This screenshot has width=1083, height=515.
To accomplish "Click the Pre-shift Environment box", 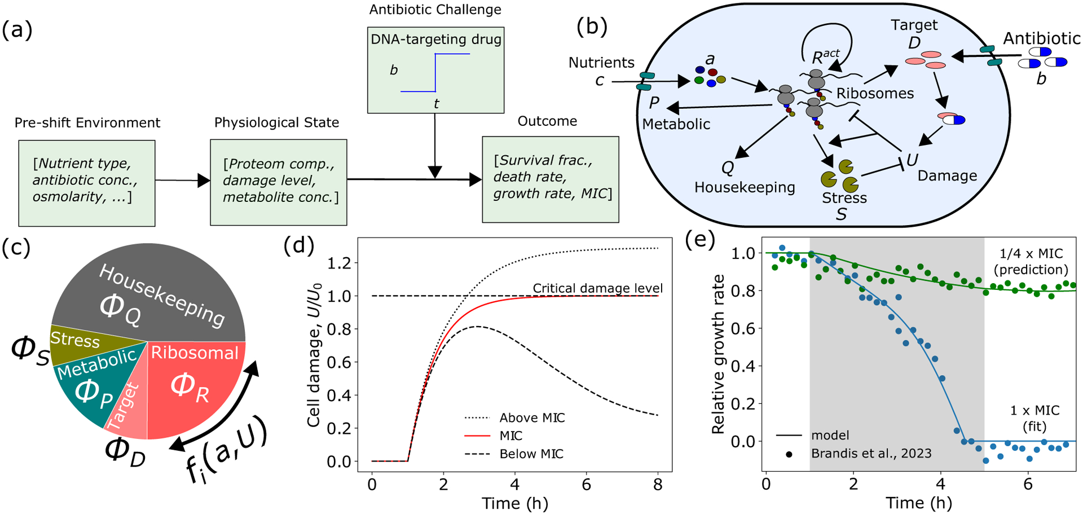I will (x=86, y=183).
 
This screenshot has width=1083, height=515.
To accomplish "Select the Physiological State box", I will (x=278, y=182).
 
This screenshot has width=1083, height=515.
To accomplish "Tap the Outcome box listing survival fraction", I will (x=550, y=179).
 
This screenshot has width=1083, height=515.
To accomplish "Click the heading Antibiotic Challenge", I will (x=435, y=10).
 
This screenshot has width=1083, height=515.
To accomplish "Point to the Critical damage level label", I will (x=597, y=288).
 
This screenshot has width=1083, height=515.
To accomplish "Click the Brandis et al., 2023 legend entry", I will (x=871, y=454).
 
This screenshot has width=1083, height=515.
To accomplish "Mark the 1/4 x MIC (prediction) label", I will (x=1031, y=261).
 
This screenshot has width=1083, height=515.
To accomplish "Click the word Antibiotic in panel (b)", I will (x=1041, y=38).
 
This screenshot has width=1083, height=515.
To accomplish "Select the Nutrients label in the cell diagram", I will (x=601, y=63).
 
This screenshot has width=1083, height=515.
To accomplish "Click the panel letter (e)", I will (x=699, y=240).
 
